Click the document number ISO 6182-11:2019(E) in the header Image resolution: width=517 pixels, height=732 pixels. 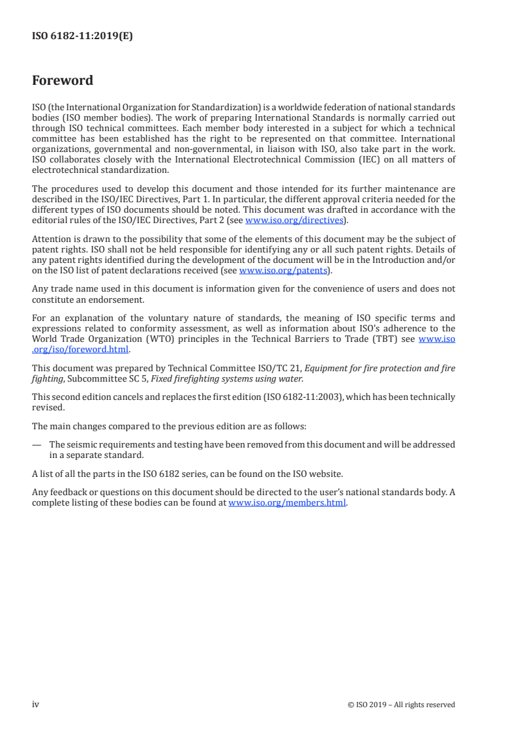[83, 37]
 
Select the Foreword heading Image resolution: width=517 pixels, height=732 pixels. [63, 81]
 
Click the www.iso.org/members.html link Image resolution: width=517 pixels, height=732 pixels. [287, 502]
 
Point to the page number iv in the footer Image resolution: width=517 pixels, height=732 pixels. [36, 705]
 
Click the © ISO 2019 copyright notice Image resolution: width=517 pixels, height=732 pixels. [402, 705]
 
